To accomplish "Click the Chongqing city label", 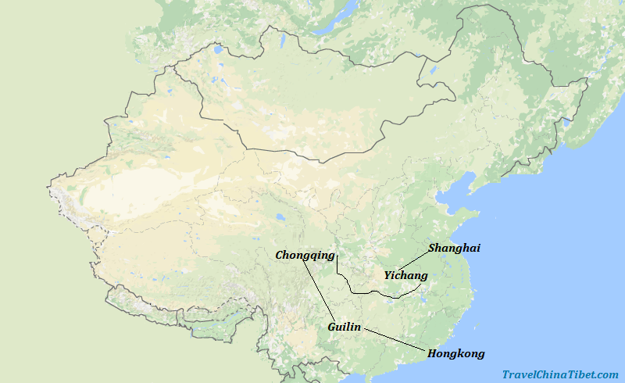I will pos(305,256).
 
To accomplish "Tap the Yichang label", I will pos(405,276).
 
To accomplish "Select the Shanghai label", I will pos(454,248).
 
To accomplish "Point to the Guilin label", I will pos(345,327).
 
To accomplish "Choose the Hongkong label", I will pos(455,353).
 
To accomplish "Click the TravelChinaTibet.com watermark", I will pos(560,374).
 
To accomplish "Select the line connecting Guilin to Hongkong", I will pos(395,338).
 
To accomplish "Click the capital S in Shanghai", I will pos(432,248).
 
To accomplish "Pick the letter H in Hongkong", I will pos(432,353).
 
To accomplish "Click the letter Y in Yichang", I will pos(387,276).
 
